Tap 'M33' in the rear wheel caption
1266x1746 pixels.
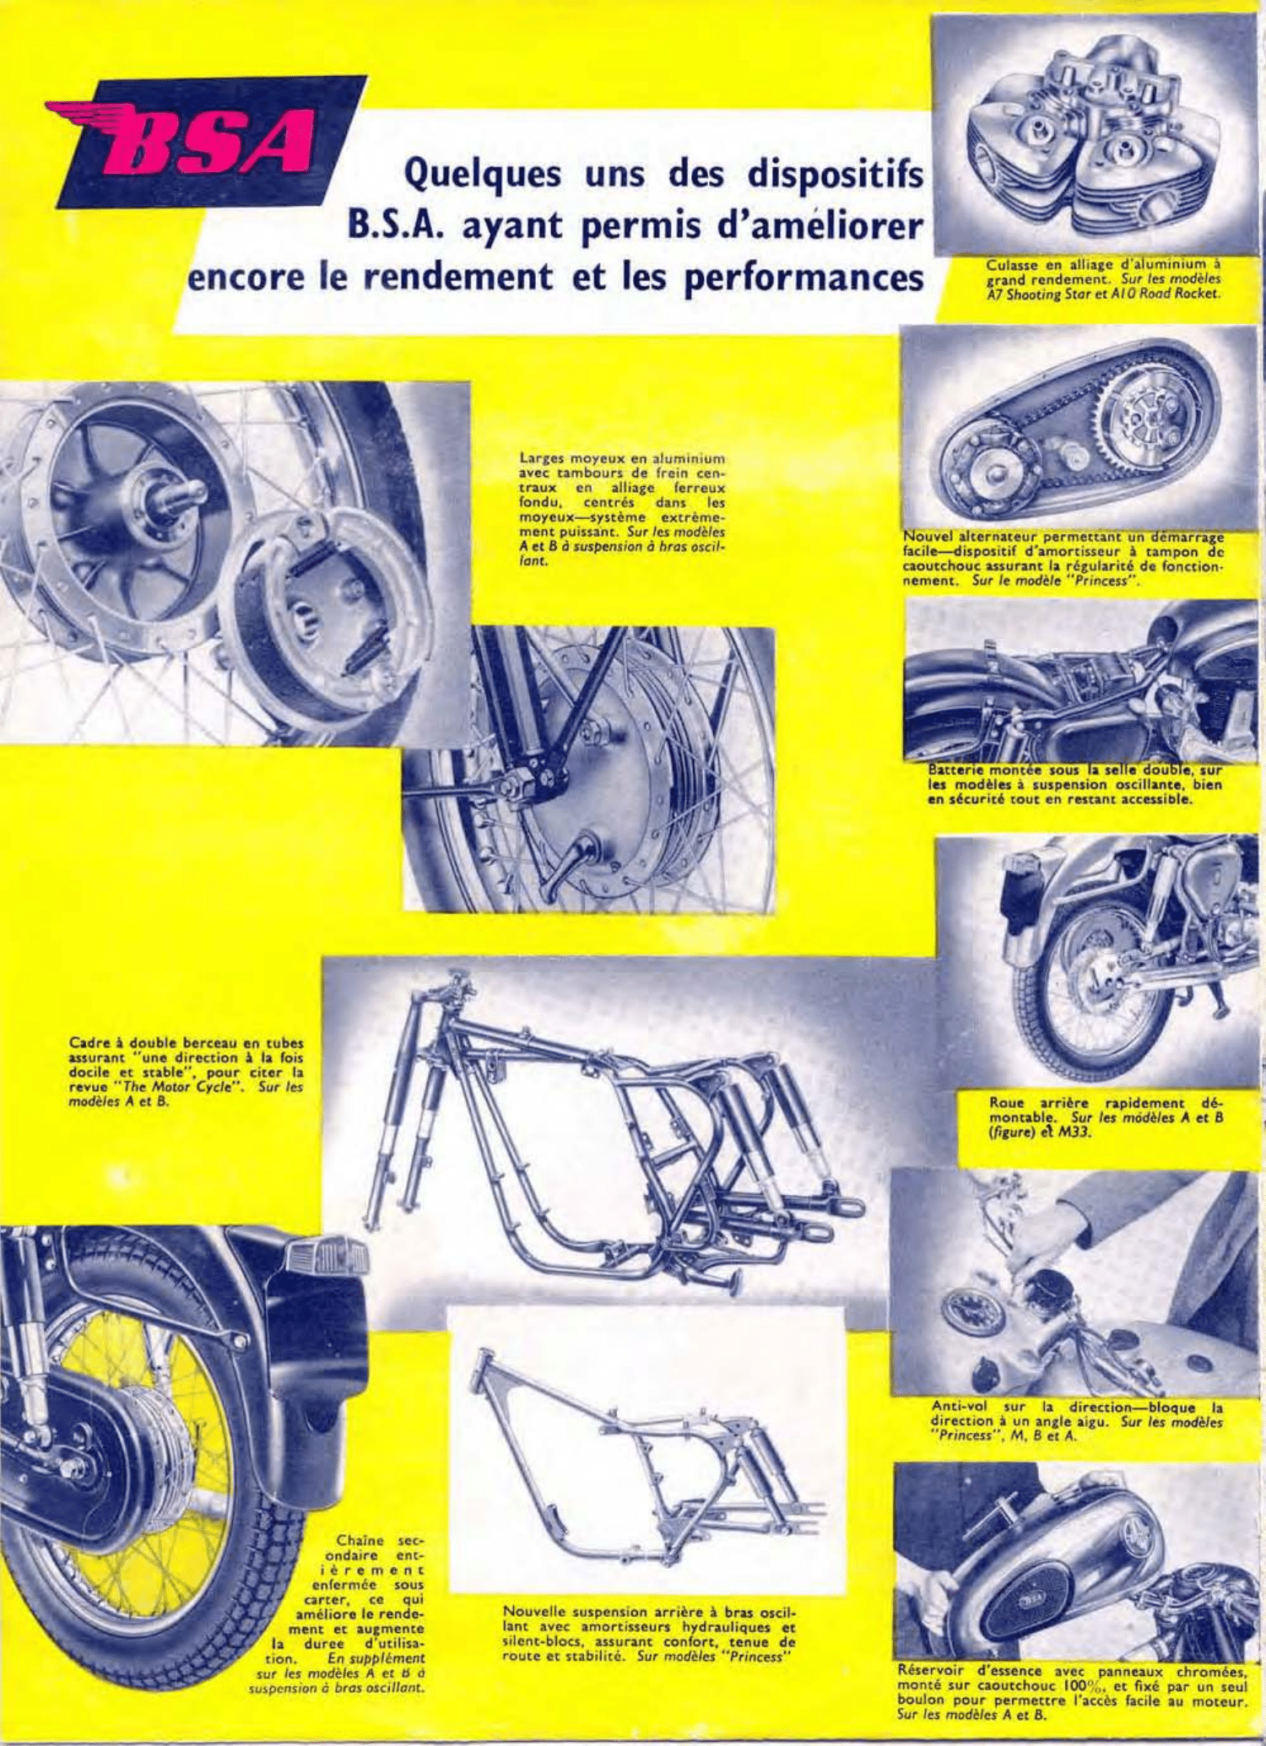1074,1132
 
